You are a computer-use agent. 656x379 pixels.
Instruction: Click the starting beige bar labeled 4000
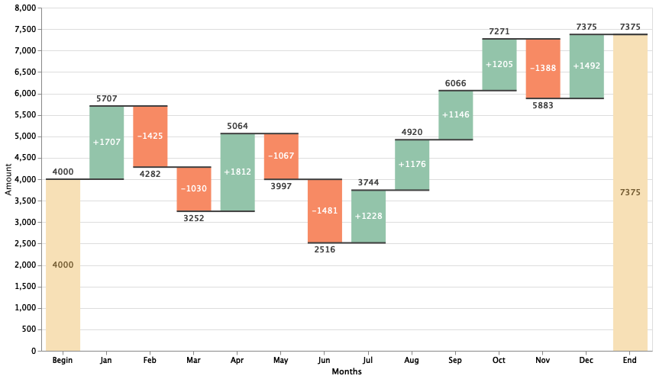pyautogui.click(x=63, y=265)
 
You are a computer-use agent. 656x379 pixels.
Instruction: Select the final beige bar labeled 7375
pyautogui.click(x=630, y=192)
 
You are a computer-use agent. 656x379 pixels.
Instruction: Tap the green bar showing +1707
pyautogui.click(x=107, y=143)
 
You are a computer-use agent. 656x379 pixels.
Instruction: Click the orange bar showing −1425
pyautogui.click(x=150, y=137)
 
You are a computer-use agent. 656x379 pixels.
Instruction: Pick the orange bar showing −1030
pyautogui.click(x=194, y=189)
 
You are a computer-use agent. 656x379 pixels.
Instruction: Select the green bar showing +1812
pyautogui.click(x=238, y=172)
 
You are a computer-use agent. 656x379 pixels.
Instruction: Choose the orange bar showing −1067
pyautogui.click(x=281, y=156)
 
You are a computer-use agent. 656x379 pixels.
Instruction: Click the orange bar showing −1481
pyautogui.click(x=325, y=211)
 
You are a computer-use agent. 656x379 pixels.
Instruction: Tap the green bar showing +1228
pyautogui.click(x=369, y=217)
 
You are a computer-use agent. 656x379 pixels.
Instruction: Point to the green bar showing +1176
pyautogui.click(x=412, y=165)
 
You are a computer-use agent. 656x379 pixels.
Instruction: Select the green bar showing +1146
pyautogui.click(x=456, y=115)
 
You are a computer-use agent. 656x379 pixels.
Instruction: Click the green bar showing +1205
pyautogui.click(x=499, y=65)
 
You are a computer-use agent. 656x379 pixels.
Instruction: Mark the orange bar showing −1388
pyautogui.click(x=543, y=69)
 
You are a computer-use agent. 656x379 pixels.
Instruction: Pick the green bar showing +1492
pyautogui.click(x=587, y=66)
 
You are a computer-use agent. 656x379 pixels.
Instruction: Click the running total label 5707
pyautogui.click(x=107, y=99)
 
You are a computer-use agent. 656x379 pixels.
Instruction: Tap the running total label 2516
pyautogui.click(x=325, y=249)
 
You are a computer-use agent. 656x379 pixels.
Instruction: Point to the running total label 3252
pyautogui.click(x=194, y=218)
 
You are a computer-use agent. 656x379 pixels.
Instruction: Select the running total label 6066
pyautogui.click(x=456, y=84)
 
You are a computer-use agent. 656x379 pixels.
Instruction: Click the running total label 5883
pyautogui.click(x=543, y=105)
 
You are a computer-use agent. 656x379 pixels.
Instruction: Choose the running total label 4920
pyautogui.click(x=412, y=133)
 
